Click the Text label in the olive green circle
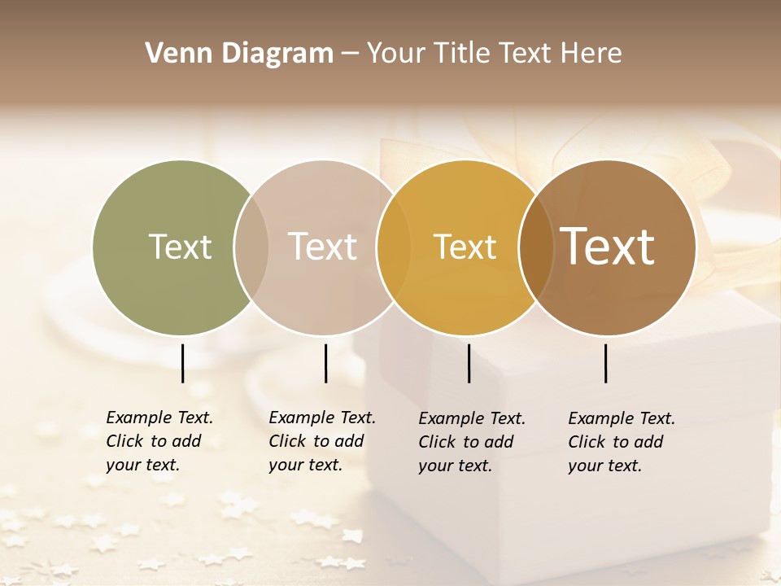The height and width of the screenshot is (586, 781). coord(180,247)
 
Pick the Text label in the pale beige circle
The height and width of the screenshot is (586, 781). coord(322,247)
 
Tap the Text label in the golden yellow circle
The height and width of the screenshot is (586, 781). coord(465,247)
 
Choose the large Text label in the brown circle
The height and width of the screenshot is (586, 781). coord(607,247)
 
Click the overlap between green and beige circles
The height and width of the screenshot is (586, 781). coord(251,247)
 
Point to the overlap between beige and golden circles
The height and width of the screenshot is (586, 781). coord(394,247)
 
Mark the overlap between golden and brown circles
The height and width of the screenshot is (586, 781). coord(536,247)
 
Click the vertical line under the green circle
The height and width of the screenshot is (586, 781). coord(183,363)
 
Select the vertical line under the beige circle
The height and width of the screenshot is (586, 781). coord(325,363)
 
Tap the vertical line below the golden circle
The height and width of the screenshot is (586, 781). coord(469,363)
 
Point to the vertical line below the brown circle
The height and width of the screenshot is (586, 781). coord(605,363)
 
